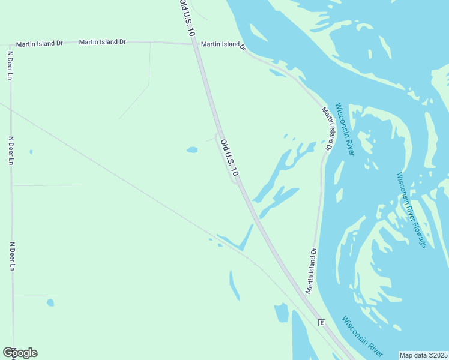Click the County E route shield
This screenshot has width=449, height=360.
322,323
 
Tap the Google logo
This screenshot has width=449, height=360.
20,352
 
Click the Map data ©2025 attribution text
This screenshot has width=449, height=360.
424,355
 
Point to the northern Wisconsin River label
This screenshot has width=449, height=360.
345,129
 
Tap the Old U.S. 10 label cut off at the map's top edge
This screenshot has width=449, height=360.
187,18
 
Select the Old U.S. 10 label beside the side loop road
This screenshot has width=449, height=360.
229,158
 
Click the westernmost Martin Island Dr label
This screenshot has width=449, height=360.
40,44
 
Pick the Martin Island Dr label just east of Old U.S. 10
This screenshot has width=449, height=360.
223,44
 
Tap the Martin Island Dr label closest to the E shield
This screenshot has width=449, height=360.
310,270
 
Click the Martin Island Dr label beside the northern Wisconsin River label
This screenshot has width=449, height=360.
327,128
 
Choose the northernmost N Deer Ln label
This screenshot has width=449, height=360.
10,65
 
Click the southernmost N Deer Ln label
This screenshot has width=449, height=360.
11,256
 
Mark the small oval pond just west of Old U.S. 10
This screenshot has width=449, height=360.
192,149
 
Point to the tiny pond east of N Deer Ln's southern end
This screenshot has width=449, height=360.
50,302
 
